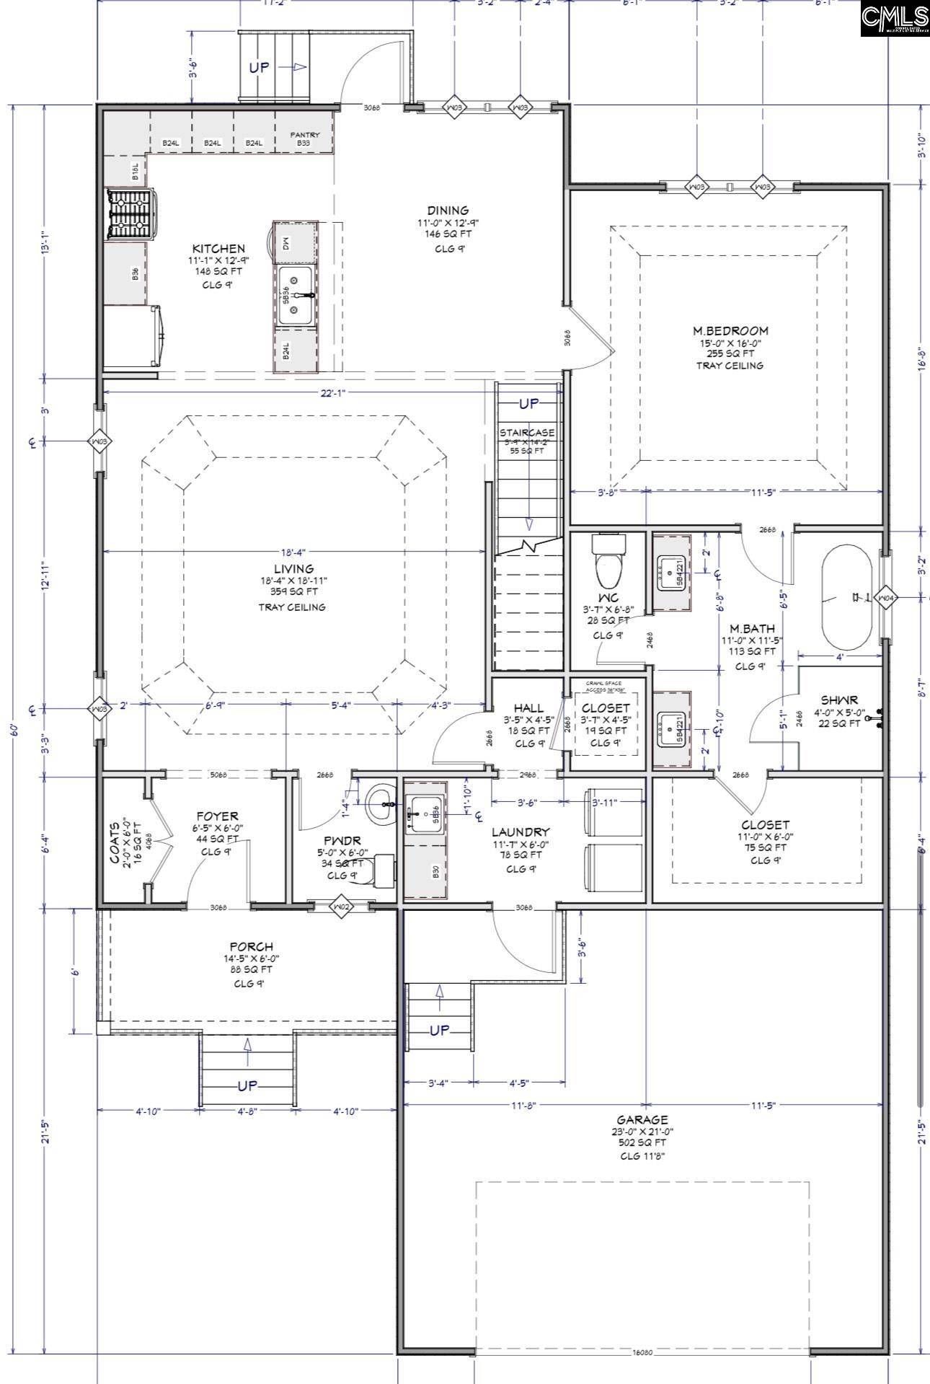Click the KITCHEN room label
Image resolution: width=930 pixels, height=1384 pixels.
pos(218,249)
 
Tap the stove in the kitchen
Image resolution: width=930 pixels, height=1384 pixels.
pos(130,214)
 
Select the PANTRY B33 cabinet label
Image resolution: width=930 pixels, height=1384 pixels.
pos(304,138)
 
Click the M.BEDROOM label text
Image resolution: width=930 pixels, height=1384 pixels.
pos(730,331)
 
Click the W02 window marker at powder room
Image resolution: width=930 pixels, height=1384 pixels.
pos(342,905)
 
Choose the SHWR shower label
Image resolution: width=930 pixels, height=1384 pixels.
pos(838,701)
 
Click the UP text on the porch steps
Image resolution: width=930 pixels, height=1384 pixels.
pos(247,1087)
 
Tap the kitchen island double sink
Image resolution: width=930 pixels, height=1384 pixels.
pos(296,296)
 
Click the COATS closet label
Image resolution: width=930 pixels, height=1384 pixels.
pos(114,837)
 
